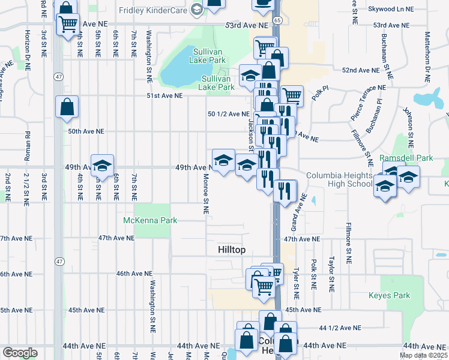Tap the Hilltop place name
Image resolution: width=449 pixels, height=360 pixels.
coord(232,250)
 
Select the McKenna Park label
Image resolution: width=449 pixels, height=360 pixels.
coord(150,220)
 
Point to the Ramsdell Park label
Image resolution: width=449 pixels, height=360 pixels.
coord(407,158)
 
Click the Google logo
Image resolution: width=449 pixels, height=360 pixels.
coord(20,353)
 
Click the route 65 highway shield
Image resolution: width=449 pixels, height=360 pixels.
coord(276,20)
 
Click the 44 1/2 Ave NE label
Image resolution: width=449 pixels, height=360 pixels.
coord(340,328)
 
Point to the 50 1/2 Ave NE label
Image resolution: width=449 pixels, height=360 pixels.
coord(228,113)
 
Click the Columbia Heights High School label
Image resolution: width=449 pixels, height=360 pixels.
coord(339,179)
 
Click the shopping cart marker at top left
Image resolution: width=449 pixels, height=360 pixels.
coord(68,25)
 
